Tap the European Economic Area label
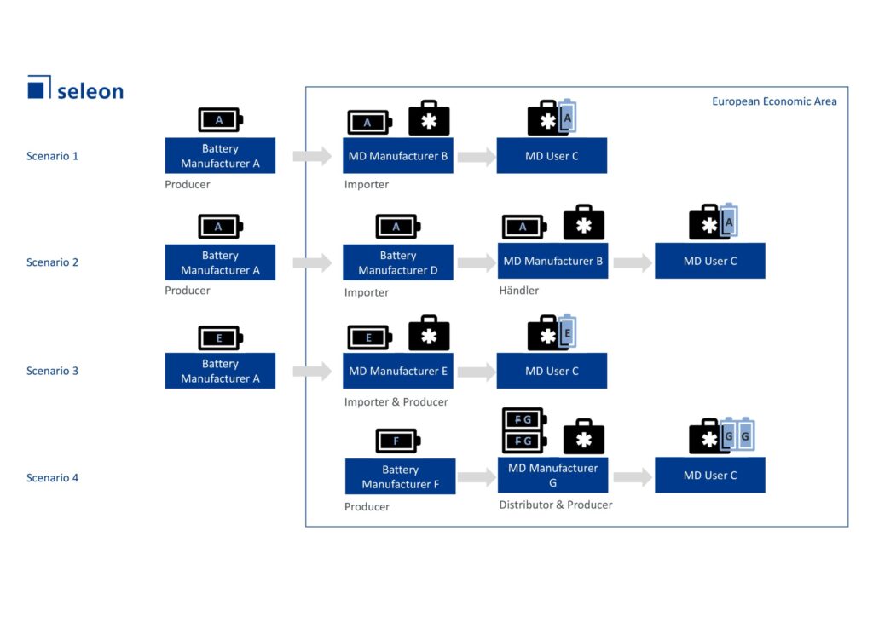pyautogui.click(x=774, y=101)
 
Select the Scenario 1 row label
pyautogui.click(x=52, y=156)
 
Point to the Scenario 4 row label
pyautogui.click(x=52, y=478)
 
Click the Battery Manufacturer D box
pyautogui.click(x=398, y=262)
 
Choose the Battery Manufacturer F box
pyautogui.click(x=400, y=476)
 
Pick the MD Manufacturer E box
pyautogui.click(x=398, y=371)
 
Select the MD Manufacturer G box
pyautogui.click(x=552, y=475)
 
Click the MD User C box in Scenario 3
pyautogui.click(x=552, y=371)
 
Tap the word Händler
pyautogui.click(x=519, y=291)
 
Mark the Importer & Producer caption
pyautogui.click(x=396, y=402)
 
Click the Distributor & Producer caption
pyautogui.click(x=556, y=505)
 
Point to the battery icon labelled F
pyautogui.click(x=397, y=441)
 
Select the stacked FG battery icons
pyautogui.click(x=523, y=430)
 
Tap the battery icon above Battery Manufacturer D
pyautogui.click(x=397, y=227)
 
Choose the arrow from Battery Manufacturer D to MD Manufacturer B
pyautogui.click(x=476, y=262)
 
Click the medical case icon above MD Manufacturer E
pyautogui.click(x=429, y=334)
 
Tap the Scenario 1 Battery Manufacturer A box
pyautogui.click(x=220, y=156)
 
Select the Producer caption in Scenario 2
pyautogui.click(x=188, y=291)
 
